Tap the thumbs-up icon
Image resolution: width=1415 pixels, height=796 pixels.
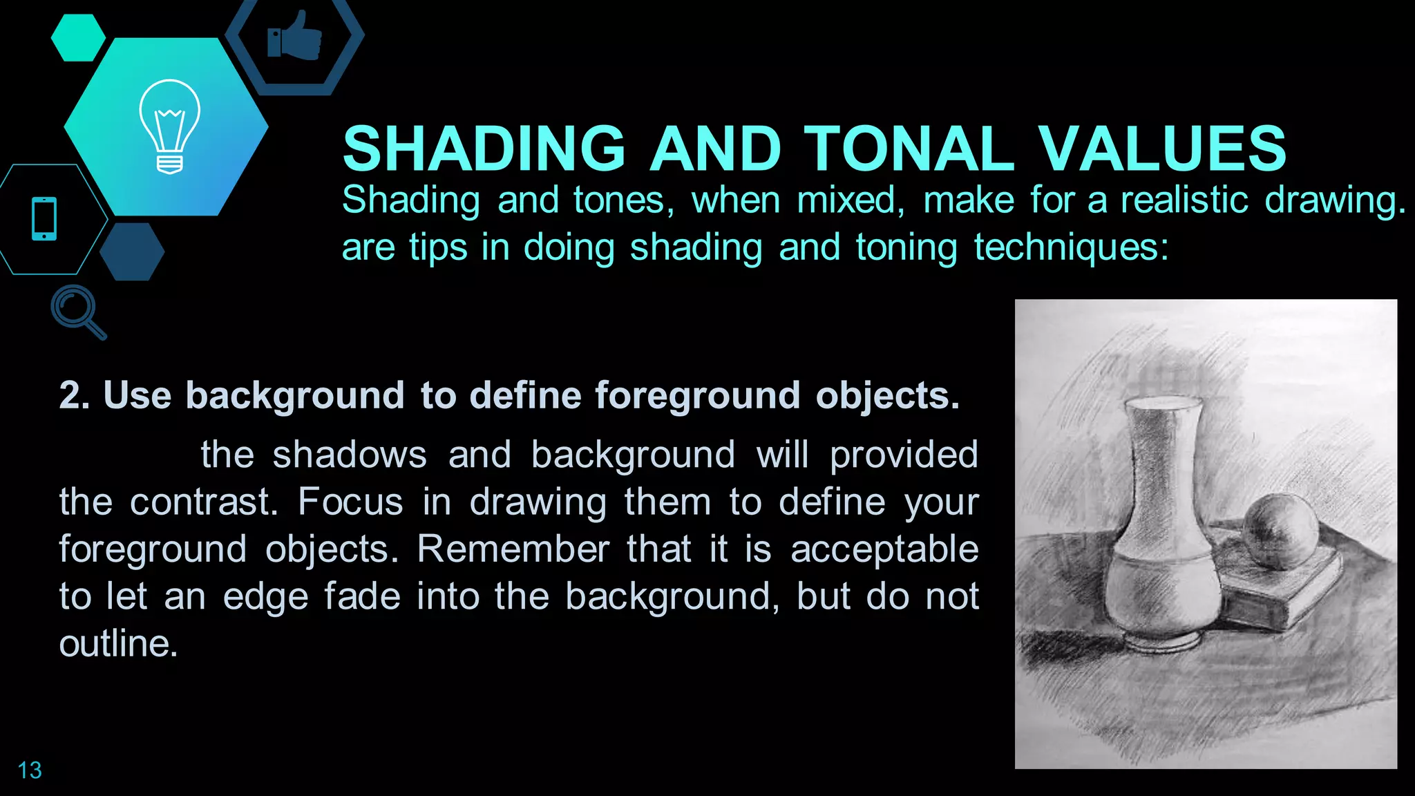click(295, 36)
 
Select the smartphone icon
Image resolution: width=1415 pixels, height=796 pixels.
click(44, 219)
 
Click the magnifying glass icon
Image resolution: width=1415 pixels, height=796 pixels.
click(77, 310)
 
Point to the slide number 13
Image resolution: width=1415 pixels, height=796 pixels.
click(30, 770)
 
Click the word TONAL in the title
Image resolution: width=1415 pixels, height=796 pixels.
click(909, 149)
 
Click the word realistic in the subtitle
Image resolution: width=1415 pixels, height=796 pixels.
click(1184, 200)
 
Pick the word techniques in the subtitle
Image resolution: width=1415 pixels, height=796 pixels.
click(1070, 247)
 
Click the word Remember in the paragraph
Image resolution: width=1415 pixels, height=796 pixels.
click(513, 549)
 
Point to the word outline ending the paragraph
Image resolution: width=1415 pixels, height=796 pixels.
click(117, 644)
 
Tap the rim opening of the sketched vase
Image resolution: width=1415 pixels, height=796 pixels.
click(1164, 404)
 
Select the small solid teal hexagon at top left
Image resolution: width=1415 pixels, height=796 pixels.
click(78, 37)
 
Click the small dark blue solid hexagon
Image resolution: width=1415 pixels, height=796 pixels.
click(132, 251)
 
